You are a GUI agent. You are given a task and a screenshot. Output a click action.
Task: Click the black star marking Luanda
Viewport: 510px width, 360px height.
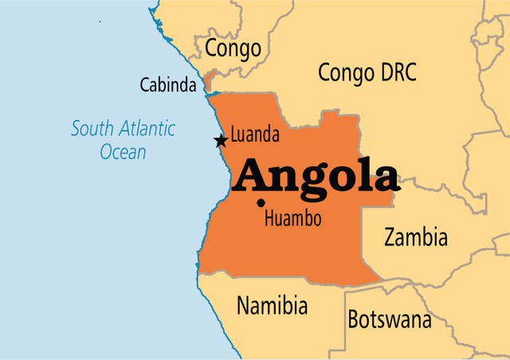[221, 141]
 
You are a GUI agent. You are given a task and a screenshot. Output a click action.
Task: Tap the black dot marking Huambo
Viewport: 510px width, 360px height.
[261, 203]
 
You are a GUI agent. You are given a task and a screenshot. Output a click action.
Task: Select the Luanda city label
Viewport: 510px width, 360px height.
[254, 135]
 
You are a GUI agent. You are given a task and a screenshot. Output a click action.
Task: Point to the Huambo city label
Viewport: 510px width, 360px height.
[293, 218]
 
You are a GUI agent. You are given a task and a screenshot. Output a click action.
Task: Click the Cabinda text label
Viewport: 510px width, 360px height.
[168, 84]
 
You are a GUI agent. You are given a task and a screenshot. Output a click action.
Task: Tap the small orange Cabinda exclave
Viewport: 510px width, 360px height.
[209, 80]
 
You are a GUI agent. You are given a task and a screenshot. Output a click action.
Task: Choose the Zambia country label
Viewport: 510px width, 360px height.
[415, 237]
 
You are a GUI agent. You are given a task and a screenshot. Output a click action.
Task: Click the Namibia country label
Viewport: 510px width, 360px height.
[272, 305]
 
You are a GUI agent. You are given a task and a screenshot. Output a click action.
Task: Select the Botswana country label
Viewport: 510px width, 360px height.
[389, 320]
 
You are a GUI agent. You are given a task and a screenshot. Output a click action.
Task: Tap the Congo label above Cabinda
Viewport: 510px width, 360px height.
[233, 49]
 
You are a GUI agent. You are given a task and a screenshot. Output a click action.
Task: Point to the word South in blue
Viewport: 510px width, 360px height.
[93, 128]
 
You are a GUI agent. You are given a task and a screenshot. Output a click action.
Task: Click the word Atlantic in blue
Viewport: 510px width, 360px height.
[147, 128]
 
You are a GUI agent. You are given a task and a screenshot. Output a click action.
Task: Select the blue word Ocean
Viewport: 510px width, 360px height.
[124, 151]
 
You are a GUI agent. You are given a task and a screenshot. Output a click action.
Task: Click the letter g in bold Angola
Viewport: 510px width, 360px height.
[309, 182]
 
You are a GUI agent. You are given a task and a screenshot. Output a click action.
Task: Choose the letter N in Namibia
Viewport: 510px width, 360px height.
[243, 305]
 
